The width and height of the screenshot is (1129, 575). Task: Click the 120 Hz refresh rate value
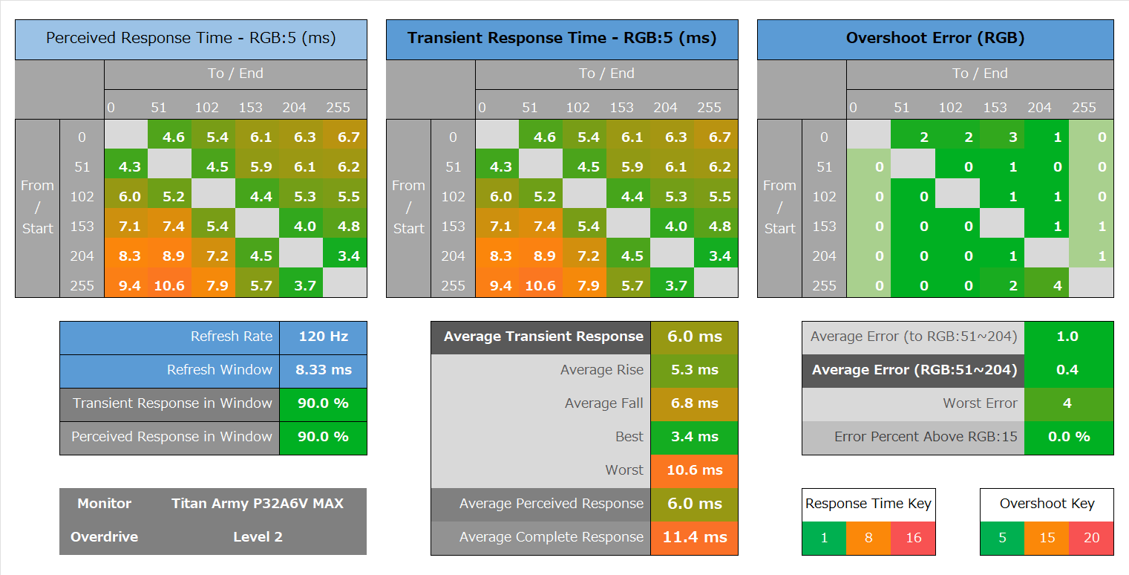(x=323, y=337)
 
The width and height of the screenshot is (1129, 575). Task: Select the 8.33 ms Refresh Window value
(x=323, y=370)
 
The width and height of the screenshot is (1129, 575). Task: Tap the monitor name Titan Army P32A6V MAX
(x=258, y=504)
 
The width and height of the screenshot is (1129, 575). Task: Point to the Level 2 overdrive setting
(x=258, y=537)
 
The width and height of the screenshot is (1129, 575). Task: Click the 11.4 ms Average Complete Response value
(x=695, y=537)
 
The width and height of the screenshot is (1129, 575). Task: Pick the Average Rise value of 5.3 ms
(x=695, y=370)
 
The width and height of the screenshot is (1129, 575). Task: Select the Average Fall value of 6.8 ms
(x=695, y=403)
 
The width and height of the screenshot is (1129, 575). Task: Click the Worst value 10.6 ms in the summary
(x=695, y=470)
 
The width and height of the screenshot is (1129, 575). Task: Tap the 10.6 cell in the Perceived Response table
(x=169, y=286)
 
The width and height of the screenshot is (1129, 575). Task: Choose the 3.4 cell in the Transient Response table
(x=719, y=256)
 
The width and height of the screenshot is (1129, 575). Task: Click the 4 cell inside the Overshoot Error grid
(x=1058, y=286)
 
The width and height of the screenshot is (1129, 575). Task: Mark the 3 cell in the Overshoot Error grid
(x=1013, y=137)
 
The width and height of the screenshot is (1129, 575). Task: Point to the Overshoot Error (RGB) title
(x=935, y=39)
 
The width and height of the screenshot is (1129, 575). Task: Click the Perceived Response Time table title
(x=191, y=39)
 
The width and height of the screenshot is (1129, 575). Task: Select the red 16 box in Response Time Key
(x=914, y=538)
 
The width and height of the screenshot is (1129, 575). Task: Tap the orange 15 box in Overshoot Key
(x=1047, y=538)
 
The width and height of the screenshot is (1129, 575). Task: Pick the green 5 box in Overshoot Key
(x=1002, y=538)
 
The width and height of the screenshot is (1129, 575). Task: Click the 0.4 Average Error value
(x=1067, y=370)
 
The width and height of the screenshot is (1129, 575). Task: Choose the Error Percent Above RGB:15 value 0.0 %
(x=1068, y=437)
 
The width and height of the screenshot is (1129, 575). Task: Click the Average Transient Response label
(x=543, y=337)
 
